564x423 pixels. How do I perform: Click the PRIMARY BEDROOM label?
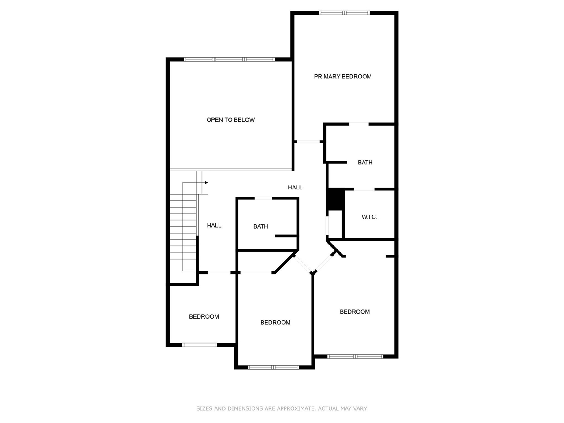tap(342, 77)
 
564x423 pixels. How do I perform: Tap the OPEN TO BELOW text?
tap(230, 120)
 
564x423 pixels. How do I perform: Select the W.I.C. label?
tap(369, 217)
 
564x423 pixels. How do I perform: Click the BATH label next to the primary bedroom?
tap(365, 163)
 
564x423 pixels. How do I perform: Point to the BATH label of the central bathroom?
tap(260, 226)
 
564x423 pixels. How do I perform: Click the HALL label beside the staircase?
tap(214, 226)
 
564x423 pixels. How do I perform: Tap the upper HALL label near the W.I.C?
tap(295, 187)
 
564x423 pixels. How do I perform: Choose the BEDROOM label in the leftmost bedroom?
tap(204, 316)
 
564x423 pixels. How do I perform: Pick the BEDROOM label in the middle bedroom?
tap(275, 323)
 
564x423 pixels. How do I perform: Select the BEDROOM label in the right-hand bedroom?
tap(355, 312)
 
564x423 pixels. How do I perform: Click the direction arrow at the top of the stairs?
tap(205, 182)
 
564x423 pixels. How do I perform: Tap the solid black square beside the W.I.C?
tap(335, 200)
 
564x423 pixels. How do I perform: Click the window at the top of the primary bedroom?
tap(345, 13)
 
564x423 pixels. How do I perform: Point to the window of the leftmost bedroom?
tap(200, 345)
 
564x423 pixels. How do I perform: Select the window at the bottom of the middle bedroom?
tap(274, 367)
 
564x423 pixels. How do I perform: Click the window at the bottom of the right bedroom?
tap(356, 356)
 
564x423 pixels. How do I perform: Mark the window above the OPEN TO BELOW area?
tap(229, 59)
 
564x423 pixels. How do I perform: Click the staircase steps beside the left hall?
tap(183, 234)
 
